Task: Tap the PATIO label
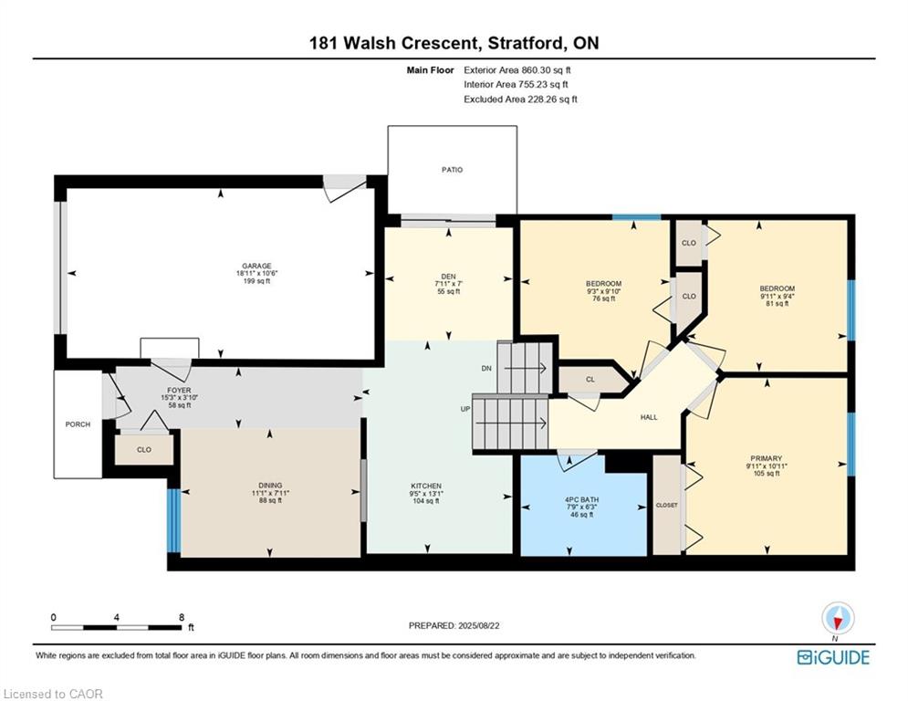453,170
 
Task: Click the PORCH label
78,424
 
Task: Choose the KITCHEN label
426,486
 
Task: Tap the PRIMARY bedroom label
767,458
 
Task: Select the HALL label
649,417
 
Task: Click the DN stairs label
486,369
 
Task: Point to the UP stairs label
465,408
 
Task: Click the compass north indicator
837,620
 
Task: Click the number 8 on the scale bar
181,617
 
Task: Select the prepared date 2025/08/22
454,625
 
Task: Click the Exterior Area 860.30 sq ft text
517,69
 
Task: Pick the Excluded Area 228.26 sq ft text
520,99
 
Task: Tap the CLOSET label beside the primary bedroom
666,505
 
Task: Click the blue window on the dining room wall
172,521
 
